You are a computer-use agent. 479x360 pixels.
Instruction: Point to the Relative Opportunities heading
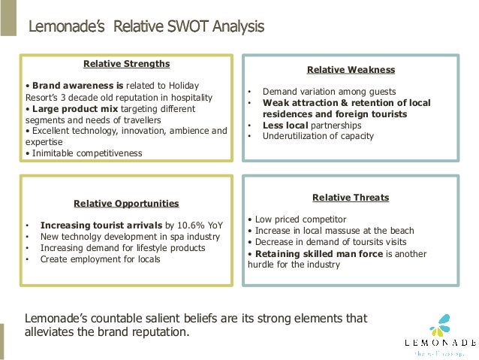coord(125,203)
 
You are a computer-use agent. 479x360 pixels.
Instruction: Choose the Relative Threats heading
coord(351,198)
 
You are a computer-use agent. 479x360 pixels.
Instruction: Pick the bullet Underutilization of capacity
coord(317,136)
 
